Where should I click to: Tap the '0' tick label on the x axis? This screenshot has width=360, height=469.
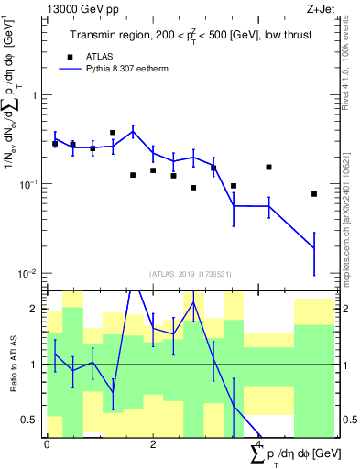coord(47,443)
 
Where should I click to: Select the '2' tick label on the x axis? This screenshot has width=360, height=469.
coord(153,443)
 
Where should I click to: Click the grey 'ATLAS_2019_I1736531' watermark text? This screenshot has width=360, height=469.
coord(190,273)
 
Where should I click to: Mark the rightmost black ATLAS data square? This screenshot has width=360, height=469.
coord(313,194)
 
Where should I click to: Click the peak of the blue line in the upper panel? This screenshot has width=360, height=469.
coord(133,131)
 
